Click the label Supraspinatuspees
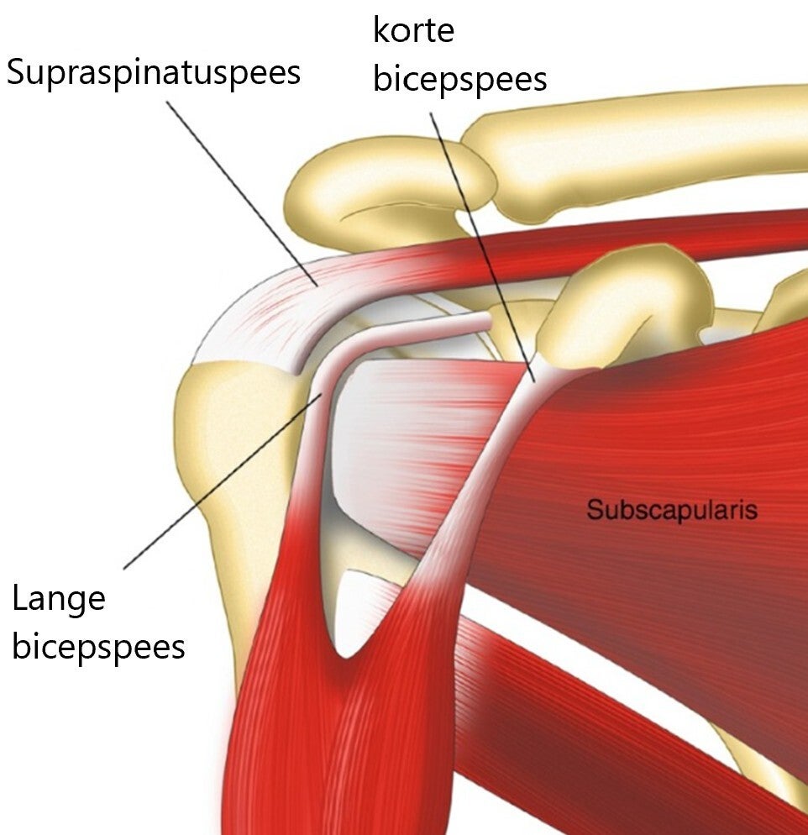pyautogui.click(x=153, y=73)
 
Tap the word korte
pyautogui.click(x=413, y=31)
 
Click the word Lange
pyautogui.click(x=59, y=599)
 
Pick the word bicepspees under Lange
pyautogui.click(x=98, y=648)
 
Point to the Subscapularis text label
pyautogui.click(x=672, y=509)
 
